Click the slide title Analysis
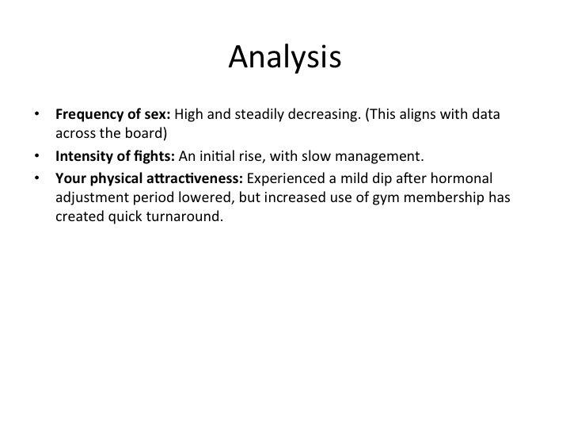[x=285, y=58]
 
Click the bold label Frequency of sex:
[x=113, y=115]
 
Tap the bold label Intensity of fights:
[x=116, y=157]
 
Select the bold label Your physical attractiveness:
[x=149, y=179]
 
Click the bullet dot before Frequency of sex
[x=36, y=114]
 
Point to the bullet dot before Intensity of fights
[x=36, y=156]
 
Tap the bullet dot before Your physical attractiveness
[x=36, y=178]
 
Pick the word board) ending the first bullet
[x=146, y=134]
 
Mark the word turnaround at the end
[x=184, y=217]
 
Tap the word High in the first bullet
[x=188, y=115]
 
